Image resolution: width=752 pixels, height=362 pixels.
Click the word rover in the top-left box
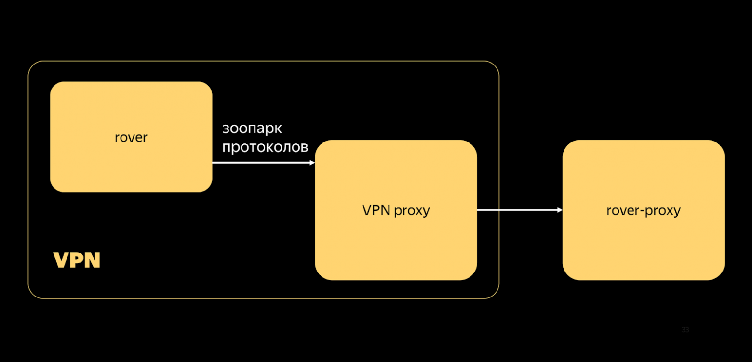pyautogui.click(x=131, y=137)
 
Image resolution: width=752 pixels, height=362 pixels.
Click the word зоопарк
pyautogui.click(x=252, y=129)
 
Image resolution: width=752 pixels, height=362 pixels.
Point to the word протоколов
pyautogui.click(x=265, y=147)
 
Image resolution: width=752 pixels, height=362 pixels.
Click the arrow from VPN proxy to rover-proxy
pyautogui.click(x=518, y=210)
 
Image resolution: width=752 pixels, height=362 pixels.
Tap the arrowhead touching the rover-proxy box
pyautogui.click(x=560, y=210)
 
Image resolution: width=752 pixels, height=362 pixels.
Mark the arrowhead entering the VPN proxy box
pyautogui.click(x=312, y=163)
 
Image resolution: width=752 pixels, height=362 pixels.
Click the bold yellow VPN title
pyautogui.click(x=77, y=260)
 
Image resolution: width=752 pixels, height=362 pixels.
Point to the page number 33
pyautogui.click(x=685, y=330)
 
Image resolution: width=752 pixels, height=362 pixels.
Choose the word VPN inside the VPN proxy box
pyautogui.click(x=376, y=210)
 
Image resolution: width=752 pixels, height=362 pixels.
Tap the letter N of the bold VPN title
pyautogui.click(x=92, y=260)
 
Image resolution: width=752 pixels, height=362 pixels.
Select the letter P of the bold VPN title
pyautogui.click(x=77, y=260)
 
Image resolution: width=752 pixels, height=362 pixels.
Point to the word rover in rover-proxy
pyautogui.click(x=623, y=210)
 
